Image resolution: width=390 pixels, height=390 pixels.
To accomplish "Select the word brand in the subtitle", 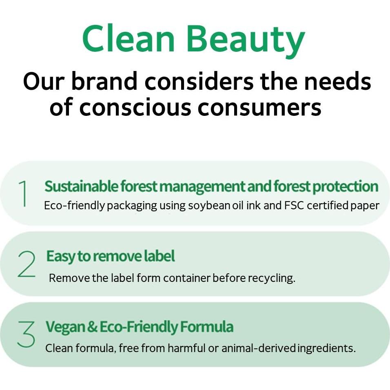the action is point(104,81).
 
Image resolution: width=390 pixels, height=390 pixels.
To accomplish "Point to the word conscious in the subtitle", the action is point(135,107).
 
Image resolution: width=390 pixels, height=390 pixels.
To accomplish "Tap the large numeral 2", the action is point(27,264).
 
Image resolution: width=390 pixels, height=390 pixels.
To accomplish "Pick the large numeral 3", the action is point(26,334).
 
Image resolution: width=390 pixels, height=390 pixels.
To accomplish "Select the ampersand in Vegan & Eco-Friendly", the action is point(93,327).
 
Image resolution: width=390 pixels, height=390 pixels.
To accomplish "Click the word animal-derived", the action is point(258,348).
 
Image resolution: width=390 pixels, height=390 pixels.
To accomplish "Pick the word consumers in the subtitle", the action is point(259,107).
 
